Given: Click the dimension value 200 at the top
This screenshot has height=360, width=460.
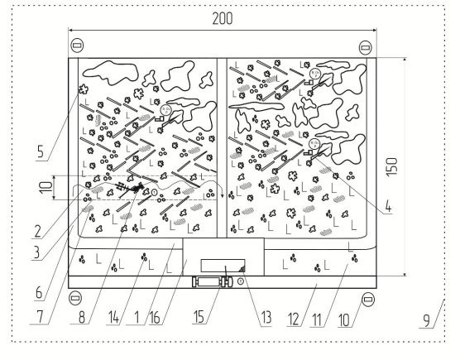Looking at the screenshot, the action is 223,18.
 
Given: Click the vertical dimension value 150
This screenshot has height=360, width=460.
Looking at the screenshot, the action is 392,167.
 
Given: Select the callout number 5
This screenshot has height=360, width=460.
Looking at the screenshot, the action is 41,151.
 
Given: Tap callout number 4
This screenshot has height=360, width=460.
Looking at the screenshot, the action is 388,206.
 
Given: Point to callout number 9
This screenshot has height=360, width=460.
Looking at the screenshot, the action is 427,320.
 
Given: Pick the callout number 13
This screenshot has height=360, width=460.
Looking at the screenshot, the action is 266,318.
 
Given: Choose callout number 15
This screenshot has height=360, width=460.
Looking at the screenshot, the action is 199,317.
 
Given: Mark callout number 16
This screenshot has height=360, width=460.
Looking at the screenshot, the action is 155,318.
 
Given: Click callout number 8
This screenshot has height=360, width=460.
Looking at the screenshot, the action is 82,317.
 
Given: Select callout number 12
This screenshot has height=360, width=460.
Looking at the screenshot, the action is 294,319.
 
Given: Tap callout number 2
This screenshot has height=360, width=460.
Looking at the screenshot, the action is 37,232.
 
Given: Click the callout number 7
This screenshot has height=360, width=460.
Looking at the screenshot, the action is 40,317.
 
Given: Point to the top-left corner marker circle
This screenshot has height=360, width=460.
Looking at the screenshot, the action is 77,46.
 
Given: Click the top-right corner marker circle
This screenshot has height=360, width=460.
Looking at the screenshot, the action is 365,47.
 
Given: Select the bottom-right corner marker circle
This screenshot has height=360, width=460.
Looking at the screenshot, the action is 368,300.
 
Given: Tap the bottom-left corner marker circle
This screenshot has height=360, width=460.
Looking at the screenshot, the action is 75,298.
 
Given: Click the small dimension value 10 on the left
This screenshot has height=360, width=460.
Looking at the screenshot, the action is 46,188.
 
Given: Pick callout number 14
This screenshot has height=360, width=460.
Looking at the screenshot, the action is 114,318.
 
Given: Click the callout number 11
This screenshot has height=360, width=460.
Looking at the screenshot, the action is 316,319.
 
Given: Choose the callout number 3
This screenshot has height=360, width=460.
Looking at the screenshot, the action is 36,252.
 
